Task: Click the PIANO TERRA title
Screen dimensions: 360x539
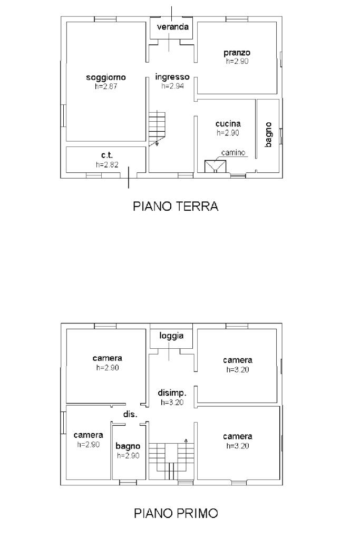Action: point(176,206)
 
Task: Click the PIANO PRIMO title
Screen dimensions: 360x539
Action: point(176,513)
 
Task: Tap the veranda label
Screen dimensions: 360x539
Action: point(172,27)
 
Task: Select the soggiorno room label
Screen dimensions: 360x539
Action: point(106,77)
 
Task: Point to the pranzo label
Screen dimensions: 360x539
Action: point(237,53)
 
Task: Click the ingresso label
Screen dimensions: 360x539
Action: point(172,77)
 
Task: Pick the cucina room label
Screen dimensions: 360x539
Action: point(228,124)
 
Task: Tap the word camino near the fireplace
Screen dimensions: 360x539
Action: point(233,153)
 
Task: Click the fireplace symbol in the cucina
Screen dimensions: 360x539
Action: point(215,166)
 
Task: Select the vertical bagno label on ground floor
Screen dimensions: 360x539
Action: point(268,135)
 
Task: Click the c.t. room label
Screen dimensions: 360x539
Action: point(107,155)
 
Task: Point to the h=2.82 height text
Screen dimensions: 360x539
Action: point(107,165)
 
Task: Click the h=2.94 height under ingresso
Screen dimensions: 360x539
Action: point(172,86)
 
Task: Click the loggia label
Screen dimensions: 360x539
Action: point(171,336)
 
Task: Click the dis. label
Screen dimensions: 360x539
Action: point(130,414)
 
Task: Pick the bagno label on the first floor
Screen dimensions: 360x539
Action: point(128,446)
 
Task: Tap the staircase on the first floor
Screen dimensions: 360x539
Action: point(171,459)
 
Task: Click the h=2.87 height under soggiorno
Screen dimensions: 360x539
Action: point(106,86)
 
